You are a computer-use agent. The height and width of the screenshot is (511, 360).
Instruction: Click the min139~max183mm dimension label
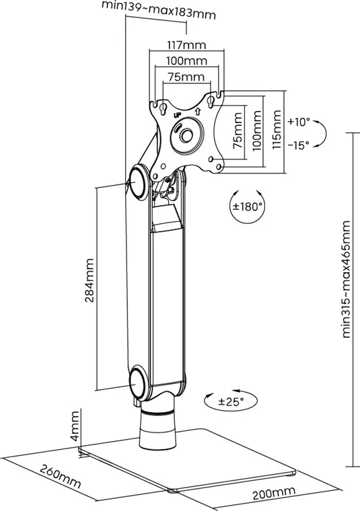point(159,10)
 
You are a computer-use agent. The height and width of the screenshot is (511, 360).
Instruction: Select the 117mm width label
point(186,44)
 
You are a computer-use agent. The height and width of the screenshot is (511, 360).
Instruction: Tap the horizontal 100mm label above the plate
point(186,61)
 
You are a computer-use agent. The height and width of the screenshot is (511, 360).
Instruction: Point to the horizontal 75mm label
point(186,77)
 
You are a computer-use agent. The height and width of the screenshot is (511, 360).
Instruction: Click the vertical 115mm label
point(277,129)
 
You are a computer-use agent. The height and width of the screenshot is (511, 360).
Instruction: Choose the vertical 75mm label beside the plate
point(238,130)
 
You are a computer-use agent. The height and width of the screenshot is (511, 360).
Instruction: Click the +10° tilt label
point(298,122)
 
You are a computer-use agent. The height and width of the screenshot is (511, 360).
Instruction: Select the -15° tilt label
point(298,145)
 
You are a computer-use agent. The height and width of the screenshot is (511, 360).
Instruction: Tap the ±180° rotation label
point(247,206)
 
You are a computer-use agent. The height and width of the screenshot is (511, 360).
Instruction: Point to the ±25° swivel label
point(231,401)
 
